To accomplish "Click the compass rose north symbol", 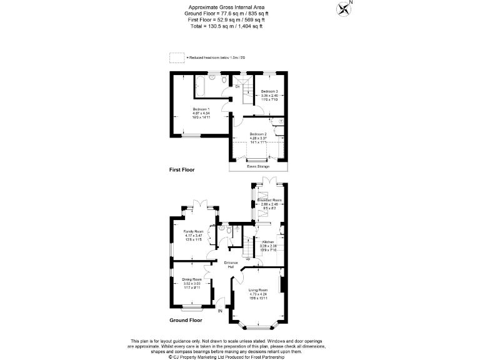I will [343, 8].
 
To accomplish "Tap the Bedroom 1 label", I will [201, 108].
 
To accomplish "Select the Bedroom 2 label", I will [258, 134].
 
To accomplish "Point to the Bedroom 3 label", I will [269, 92].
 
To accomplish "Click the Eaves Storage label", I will [258, 166].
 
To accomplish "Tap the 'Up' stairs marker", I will [247, 258].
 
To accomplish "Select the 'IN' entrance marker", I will [219, 310].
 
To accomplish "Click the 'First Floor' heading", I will [182, 170].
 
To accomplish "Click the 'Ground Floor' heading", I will [186, 320].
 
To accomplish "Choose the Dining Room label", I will [192, 279].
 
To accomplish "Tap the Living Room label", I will [258, 291].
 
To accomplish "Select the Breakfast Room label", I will [273, 201].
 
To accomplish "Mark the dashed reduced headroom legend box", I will [177, 57].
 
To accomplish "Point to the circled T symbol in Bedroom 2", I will [281, 121].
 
